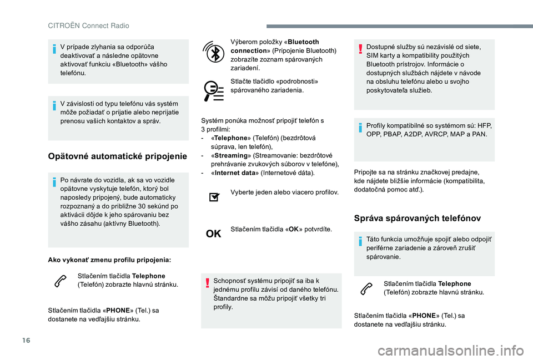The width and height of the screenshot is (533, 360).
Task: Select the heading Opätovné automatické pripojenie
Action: pyautogui.click(x=117, y=156)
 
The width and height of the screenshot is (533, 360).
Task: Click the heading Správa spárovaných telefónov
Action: pyautogui.click(x=417, y=218)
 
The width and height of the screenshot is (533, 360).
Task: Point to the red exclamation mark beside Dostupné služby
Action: pyautogui.click(x=360, y=48)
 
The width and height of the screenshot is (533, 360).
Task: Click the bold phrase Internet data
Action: pyautogui.click(x=234, y=174)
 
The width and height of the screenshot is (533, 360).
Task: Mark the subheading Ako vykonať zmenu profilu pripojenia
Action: pyautogui.click(x=109, y=260)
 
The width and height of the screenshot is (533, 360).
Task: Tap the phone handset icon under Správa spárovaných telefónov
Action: pyautogui.click(x=367, y=288)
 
